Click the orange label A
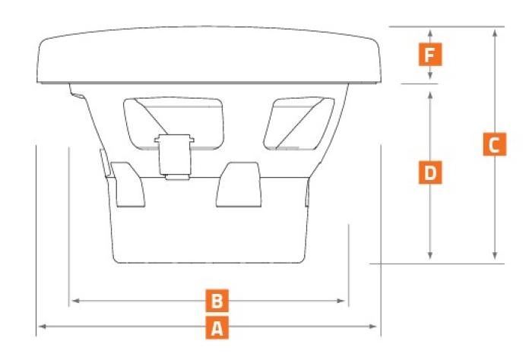(x=217, y=328)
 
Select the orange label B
(x=217, y=301)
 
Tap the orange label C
(x=495, y=144)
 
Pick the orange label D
(x=430, y=172)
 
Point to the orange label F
(x=430, y=54)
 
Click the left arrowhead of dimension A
(x=42, y=327)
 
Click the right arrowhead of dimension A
(x=373, y=327)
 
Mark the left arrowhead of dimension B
(x=76, y=301)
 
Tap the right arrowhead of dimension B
(x=340, y=301)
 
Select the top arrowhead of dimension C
(x=495, y=33)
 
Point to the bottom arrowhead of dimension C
(x=495, y=256)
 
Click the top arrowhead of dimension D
(x=430, y=96)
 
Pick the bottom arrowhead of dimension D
(x=430, y=256)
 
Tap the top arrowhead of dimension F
(x=430, y=33)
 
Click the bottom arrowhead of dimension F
(x=430, y=75)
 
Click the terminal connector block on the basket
(x=174, y=156)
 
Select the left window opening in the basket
(x=174, y=123)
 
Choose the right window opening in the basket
(x=299, y=123)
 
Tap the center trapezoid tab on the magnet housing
(x=239, y=185)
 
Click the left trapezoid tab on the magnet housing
(x=128, y=185)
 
